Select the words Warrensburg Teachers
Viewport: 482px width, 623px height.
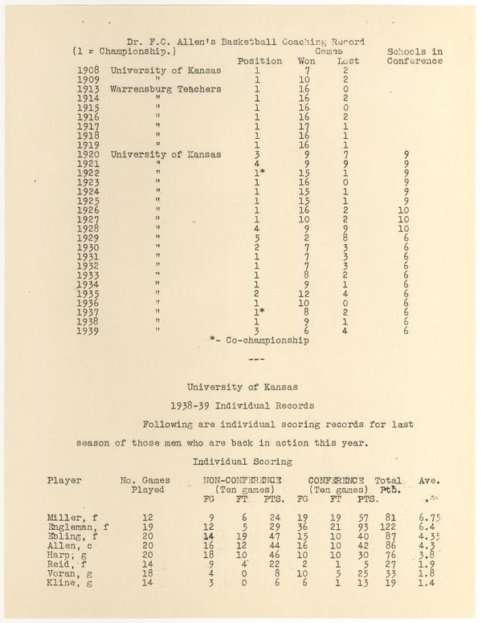point(165,89)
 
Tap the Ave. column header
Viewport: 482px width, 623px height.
point(429,481)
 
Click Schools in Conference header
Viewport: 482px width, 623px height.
point(415,56)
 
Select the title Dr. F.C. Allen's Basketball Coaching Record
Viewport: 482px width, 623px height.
point(246,42)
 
